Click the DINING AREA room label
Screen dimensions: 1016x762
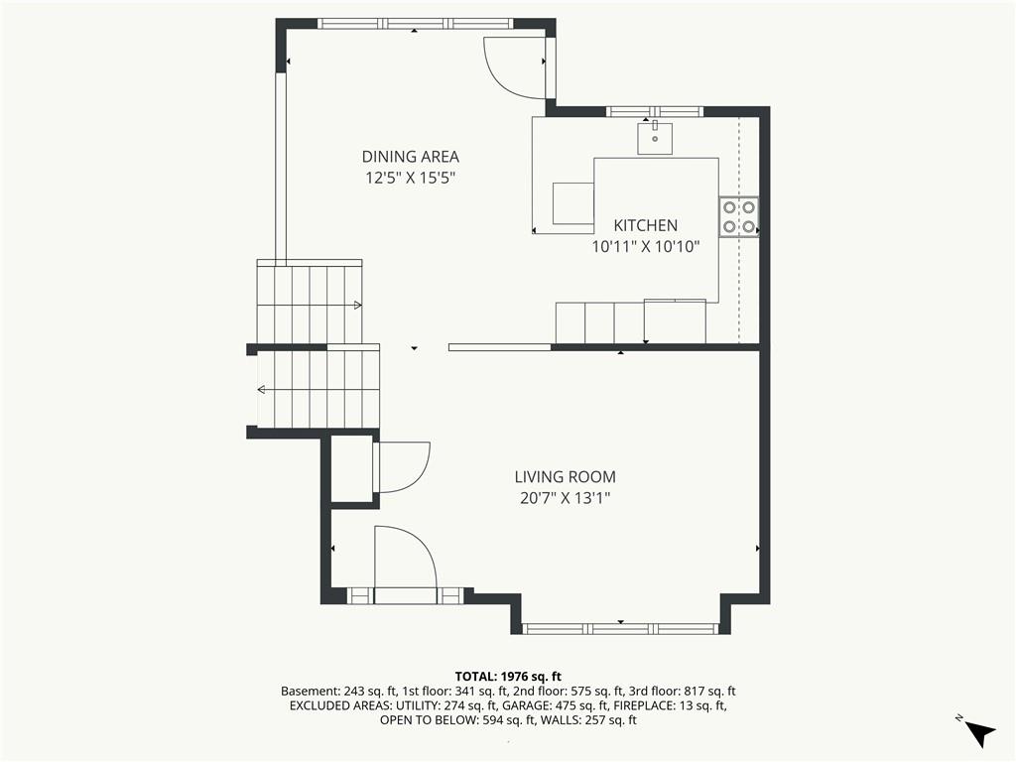(410, 156)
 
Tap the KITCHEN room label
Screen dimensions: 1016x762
(645, 225)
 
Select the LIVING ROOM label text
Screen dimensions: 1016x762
(565, 477)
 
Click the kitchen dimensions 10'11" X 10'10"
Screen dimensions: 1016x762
(646, 247)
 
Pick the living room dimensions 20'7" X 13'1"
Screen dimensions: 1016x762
(566, 498)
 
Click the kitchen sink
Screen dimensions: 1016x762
(655, 137)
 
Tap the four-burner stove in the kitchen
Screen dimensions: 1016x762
(738, 216)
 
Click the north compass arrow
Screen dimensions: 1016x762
(980, 733)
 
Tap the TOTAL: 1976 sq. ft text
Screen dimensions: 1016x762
(508, 677)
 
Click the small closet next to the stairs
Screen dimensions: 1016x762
(352, 468)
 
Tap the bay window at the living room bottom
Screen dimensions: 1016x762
(620, 628)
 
